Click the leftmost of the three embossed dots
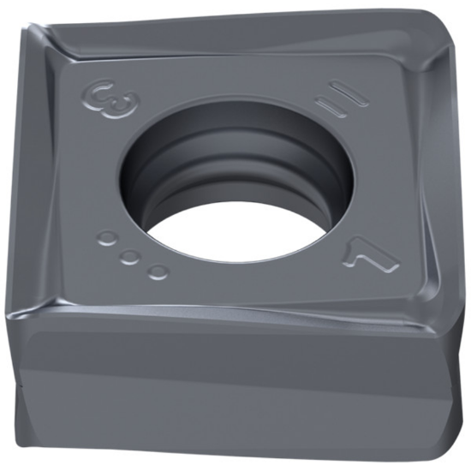(106, 238)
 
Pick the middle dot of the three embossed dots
(130, 256)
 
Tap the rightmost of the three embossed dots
(158, 271)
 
